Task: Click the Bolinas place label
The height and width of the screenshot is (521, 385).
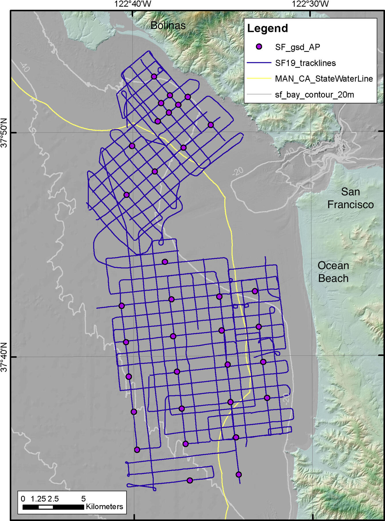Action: (x=168, y=25)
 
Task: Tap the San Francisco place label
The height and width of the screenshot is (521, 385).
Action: (x=350, y=198)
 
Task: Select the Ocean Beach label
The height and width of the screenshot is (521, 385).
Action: (x=333, y=272)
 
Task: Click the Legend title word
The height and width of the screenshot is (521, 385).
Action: (x=267, y=28)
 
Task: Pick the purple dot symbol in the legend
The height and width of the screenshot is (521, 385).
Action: (x=259, y=47)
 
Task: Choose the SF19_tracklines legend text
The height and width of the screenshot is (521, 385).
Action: (x=305, y=63)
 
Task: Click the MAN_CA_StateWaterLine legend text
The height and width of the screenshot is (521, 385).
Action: (x=324, y=79)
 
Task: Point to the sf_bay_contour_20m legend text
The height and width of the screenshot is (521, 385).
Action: (x=314, y=95)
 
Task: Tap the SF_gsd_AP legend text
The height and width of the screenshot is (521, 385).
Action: (x=297, y=47)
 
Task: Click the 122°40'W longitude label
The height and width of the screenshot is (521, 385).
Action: (x=133, y=4)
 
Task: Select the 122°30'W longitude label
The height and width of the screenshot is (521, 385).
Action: (x=310, y=4)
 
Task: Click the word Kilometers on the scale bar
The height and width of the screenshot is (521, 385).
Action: (x=104, y=507)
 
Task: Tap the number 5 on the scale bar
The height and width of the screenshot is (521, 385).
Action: (x=84, y=499)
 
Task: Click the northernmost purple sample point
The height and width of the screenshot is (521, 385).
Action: (x=154, y=77)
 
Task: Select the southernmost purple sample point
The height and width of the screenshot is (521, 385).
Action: (x=190, y=480)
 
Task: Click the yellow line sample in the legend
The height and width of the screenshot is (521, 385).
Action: (x=259, y=78)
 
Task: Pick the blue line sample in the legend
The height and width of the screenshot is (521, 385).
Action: (x=259, y=63)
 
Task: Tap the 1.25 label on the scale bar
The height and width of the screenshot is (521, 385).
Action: (x=38, y=499)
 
